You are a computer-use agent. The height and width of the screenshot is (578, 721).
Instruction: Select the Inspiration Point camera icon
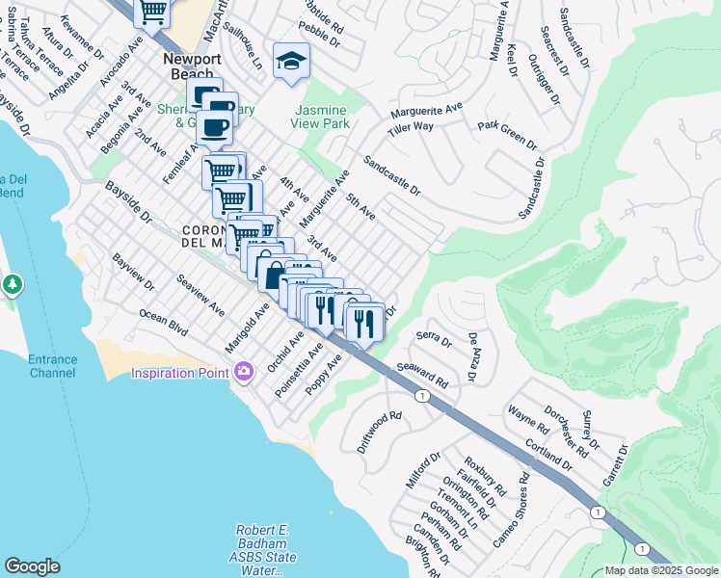point(242,371)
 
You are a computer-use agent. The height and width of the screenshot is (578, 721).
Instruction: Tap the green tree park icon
point(12,285)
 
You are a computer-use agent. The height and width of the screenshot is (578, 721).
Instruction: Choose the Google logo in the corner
point(32,566)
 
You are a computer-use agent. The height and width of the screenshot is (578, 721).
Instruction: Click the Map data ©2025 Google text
point(661,570)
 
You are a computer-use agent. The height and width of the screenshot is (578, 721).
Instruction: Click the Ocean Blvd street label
point(164,322)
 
